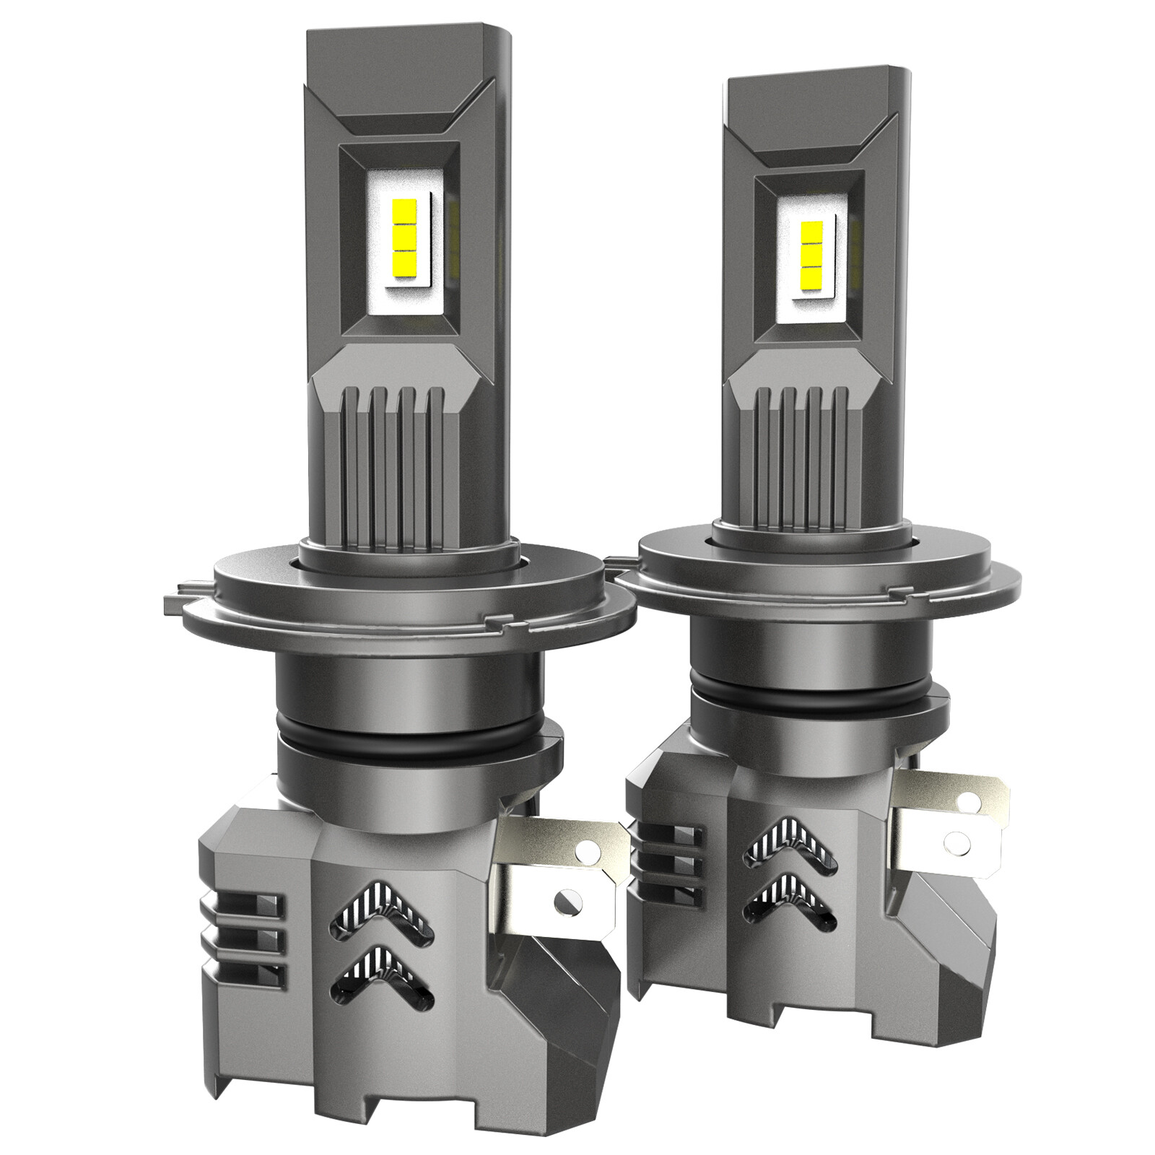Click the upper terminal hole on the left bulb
(583, 853)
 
